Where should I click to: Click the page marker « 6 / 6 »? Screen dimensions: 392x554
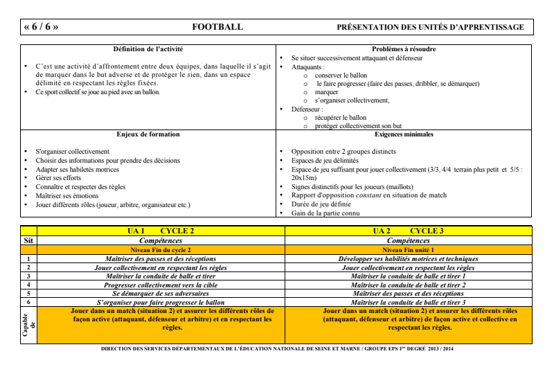tap(40, 27)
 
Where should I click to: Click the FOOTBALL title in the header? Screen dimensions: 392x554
tap(217, 27)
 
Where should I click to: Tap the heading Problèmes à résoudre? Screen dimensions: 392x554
tap(404, 48)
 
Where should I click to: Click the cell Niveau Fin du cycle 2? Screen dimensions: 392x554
tap(160, 247)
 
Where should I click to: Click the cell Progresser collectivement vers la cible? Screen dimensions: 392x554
tap(160, 285)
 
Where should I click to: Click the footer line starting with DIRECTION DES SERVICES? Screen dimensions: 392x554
tap(277, 347)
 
